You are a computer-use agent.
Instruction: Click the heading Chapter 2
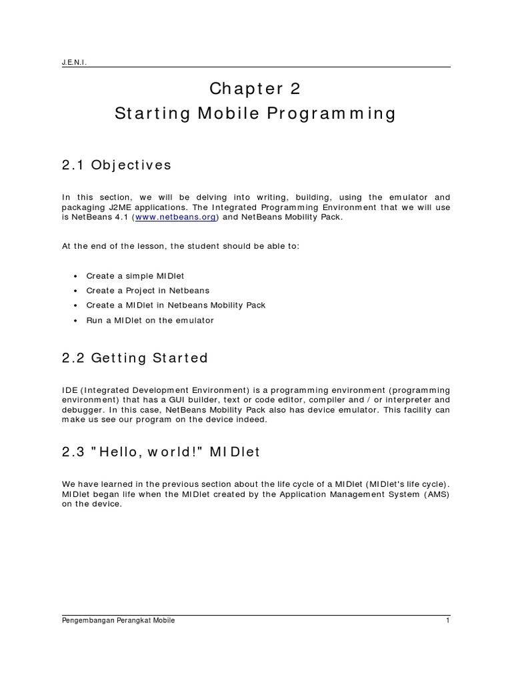[x=255, y=88]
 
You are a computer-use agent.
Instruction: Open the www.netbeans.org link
[x=175, y=217]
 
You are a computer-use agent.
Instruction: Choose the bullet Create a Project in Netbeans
[x=147, y=290]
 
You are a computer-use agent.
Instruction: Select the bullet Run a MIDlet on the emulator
[x=150, y=321]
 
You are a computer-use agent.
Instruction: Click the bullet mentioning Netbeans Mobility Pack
[x=176, y=305]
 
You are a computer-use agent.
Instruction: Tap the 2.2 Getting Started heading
[x=134, y=358]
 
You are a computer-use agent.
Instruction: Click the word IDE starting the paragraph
[x=69, y=390]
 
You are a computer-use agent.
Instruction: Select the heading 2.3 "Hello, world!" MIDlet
[x=161, y=452]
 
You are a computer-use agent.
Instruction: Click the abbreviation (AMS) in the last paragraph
[x=436, y=494]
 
